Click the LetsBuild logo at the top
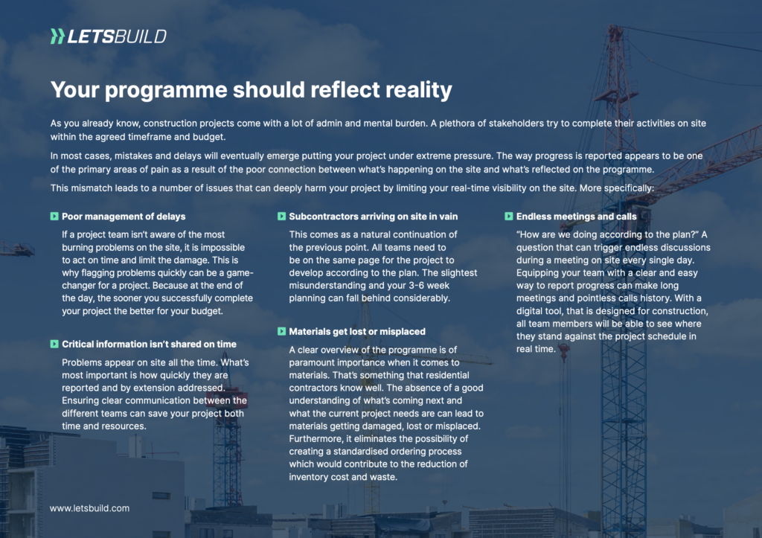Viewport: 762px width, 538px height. point(109,36)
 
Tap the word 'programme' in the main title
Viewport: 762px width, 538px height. point(166,91)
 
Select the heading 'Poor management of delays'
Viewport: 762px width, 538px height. point(124,217)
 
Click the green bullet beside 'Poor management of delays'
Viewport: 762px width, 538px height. point(54,217)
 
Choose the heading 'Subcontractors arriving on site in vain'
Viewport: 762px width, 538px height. point(374,217)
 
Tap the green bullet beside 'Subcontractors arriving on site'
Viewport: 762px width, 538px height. point(281,217)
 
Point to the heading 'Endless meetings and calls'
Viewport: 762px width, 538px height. point(577,217)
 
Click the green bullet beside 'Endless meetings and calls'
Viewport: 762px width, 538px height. point(509,217)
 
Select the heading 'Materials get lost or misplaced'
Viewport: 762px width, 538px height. point(357,332)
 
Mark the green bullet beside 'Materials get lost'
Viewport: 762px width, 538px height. point(281,331)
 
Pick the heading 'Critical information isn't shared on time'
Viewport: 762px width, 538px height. point(149,345)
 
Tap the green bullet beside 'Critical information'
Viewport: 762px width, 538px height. point(54,344)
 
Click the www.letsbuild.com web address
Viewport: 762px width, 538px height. point(89,508)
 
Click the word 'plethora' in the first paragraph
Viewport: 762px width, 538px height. point(456,124)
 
